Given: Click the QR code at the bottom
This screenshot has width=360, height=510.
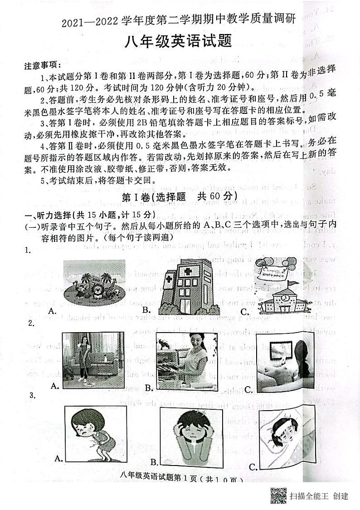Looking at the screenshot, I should (x=278, y=495).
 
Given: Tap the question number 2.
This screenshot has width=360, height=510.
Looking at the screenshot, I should (x=30, y=323).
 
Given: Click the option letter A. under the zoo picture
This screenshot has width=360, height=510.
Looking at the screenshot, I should (x=53, y=310).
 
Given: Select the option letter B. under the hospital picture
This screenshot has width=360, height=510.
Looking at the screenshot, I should (x=146, y=310).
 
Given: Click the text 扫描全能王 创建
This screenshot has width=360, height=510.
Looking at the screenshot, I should (x=319, y=496).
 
